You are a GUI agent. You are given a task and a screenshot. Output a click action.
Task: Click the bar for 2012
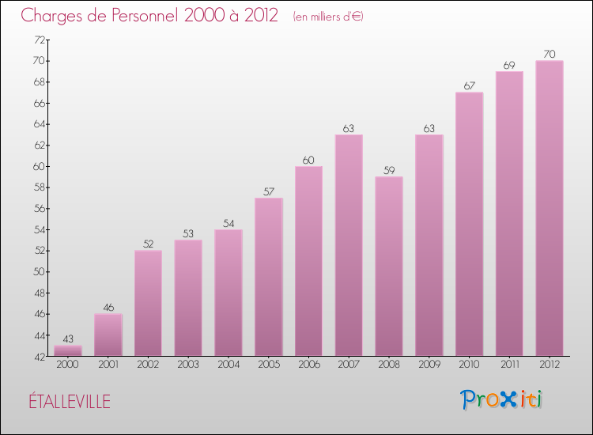(549, 208)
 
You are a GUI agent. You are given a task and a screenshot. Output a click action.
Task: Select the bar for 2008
(388, 266)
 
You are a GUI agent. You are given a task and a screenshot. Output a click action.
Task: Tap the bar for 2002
(148, 303)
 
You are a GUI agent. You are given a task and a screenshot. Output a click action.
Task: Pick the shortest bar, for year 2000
(68, 350)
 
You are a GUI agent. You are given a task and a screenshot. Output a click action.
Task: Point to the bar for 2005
(268, 277)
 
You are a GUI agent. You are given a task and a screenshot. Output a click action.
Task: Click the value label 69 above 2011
(508, 65)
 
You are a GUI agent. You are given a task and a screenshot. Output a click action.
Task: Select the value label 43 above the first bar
(68, 339)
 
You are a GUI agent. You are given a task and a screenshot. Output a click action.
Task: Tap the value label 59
(388, 170)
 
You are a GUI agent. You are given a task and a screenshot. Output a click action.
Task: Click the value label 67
(469, 86)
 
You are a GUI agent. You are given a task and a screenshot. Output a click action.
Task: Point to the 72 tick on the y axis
(39, 40)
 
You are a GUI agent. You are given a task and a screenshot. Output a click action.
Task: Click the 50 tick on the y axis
(39, 271)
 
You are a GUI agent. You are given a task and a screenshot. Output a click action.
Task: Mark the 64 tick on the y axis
(39, 124)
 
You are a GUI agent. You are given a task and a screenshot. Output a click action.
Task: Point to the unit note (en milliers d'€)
(327, 16)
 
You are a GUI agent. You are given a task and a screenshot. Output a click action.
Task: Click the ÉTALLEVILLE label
(67, 401)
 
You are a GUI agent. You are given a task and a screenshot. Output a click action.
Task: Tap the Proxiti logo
(502, 399)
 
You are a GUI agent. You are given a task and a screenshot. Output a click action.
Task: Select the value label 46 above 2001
(108, 307)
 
